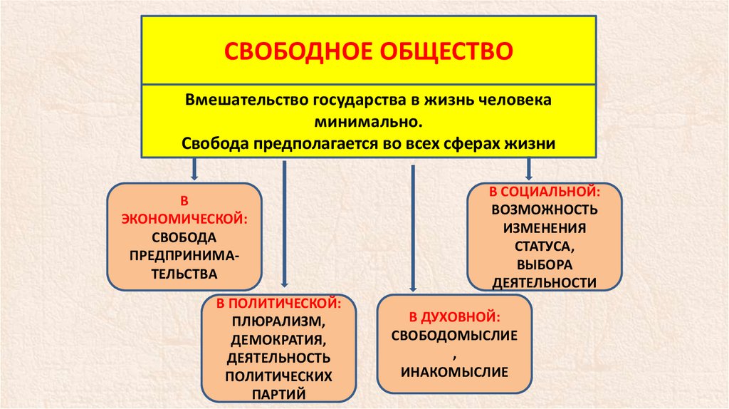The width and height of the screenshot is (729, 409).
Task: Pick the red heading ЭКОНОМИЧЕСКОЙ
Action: [x=184, y=218]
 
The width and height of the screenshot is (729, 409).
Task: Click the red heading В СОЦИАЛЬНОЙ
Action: [x=545, y=192]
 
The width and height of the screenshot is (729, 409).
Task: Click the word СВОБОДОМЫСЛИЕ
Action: [x=453, y=334]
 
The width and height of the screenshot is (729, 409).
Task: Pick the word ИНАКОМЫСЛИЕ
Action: [x=453, y=371]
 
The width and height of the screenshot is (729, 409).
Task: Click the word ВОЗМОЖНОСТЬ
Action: [x=545, y=211]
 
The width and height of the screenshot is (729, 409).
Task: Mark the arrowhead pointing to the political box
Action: [x=284, y=288]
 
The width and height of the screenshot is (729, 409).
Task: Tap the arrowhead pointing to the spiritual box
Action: [x=413, y=288]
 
